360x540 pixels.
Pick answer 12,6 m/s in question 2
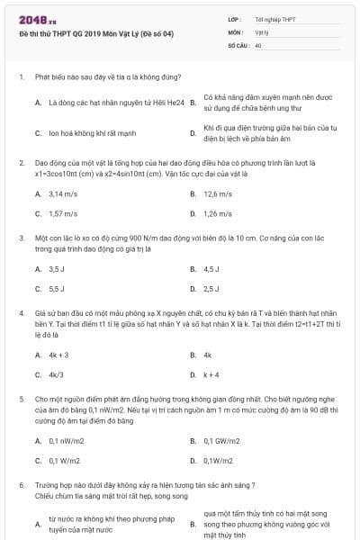coord(218,193)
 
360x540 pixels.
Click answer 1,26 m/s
coord(218,214)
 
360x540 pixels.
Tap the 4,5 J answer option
coord(211,268)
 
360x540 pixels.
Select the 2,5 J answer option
coord(211,289)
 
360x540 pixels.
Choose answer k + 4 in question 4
coord(212,374)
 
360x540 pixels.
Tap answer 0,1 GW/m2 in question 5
coord(221,440)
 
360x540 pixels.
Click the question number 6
coord(21,483)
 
